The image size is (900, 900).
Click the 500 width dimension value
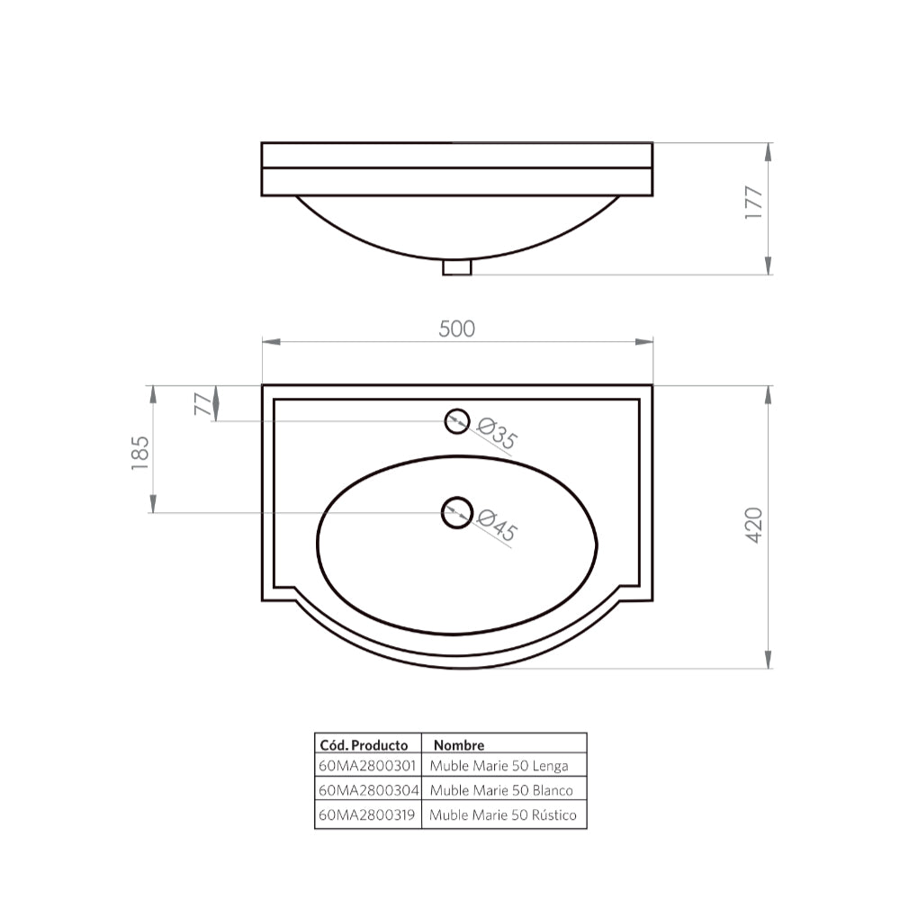coord(456,328)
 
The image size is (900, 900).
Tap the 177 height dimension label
coord(754,203)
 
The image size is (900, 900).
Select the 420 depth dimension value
coord(754,525)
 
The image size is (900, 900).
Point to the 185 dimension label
coord(139,453)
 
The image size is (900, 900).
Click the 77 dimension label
coord(204,402)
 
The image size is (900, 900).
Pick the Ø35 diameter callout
coord(497,434)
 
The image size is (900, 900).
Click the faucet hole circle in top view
coord(457,420)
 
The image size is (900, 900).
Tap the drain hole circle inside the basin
coord(457,512)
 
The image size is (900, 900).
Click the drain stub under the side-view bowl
coord(458,267)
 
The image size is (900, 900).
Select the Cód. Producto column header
coord(364,745)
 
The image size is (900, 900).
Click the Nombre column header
coord(458,745)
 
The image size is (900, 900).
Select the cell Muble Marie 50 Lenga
coord(499,767)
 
